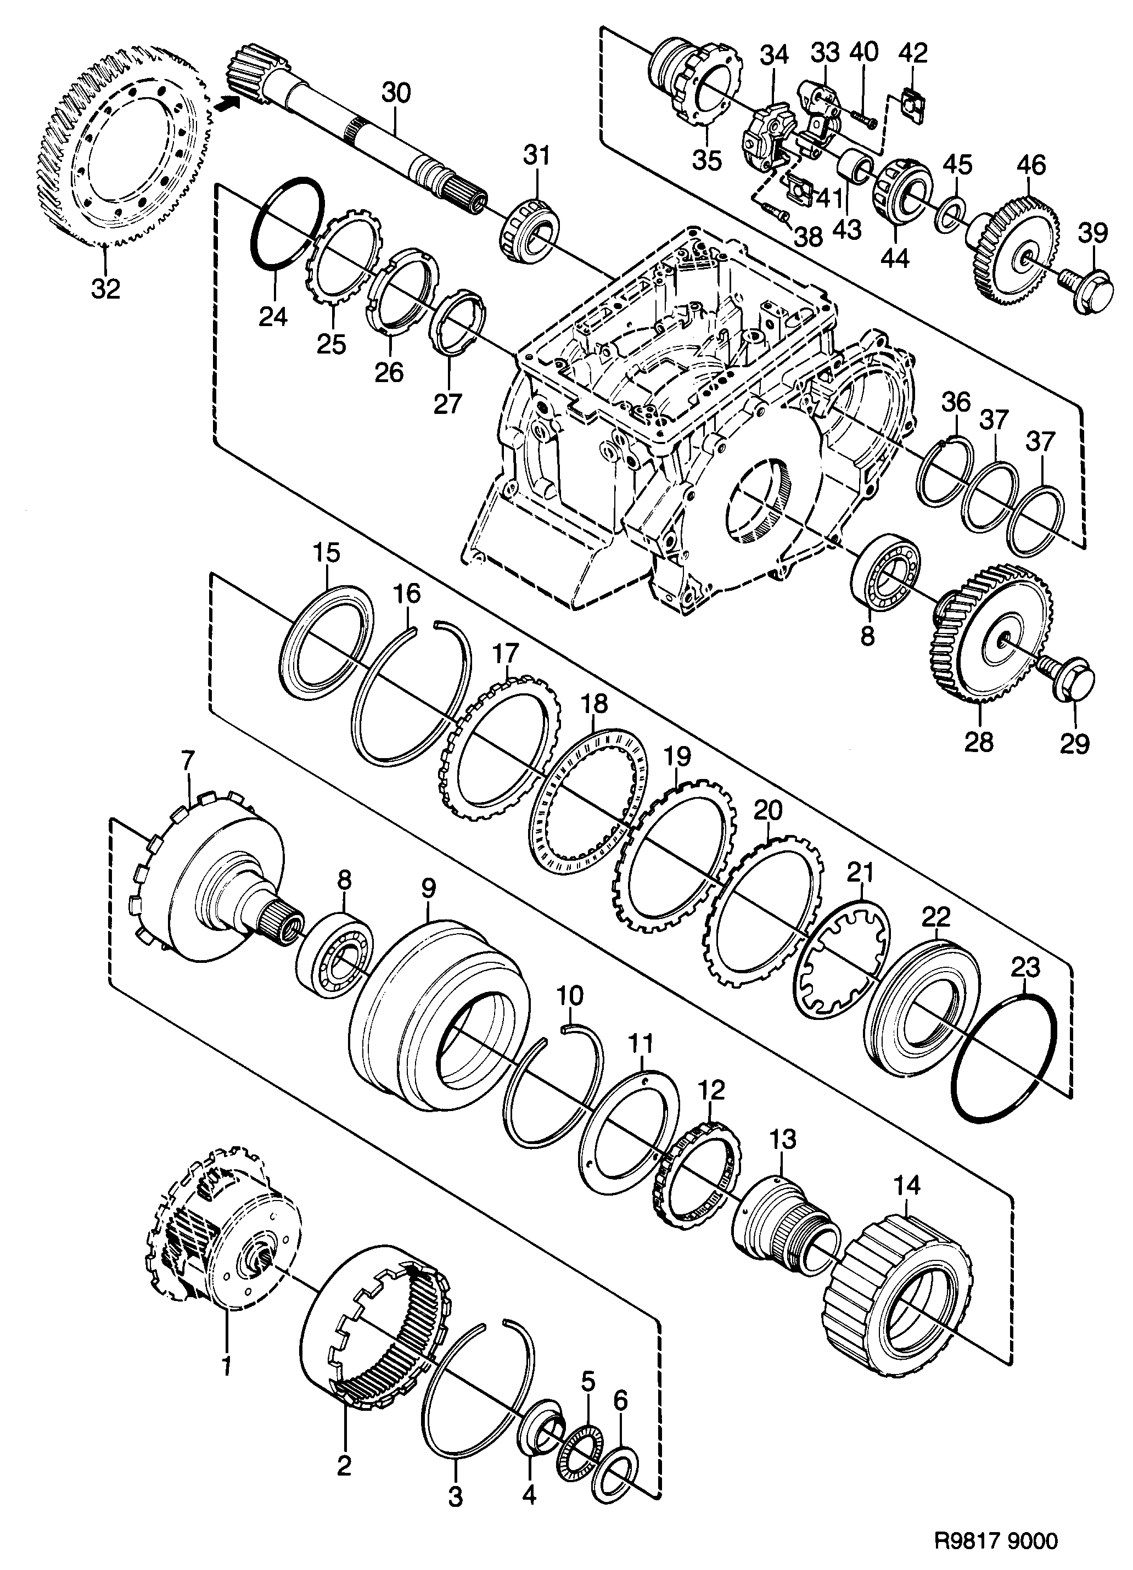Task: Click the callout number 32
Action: click(x=105, y=289)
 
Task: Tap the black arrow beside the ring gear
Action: click(x=228, y=104)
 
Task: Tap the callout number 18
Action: click(x=594, y=705)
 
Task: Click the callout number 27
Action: click(x=447, y=403)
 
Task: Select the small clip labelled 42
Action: click(x=912, y=104)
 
